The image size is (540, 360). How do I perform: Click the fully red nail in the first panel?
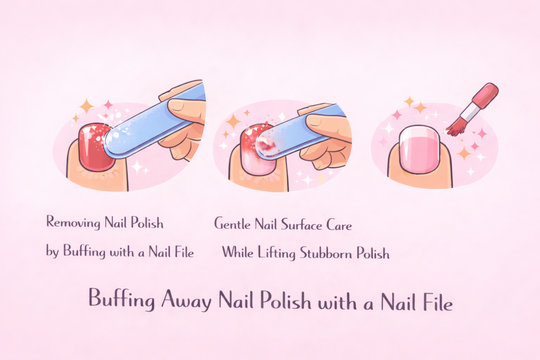pyautogui.click(x=92, y=147)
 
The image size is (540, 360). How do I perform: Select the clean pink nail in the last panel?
pyautogui.click(x=419, y=151)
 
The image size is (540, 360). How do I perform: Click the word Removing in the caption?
pyautogui.click(x=73, y=222)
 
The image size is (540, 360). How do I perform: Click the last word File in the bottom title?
pyautogui.click(x=434, y=300)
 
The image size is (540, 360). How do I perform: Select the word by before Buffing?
pyautogui.click(x=52, y=252)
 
